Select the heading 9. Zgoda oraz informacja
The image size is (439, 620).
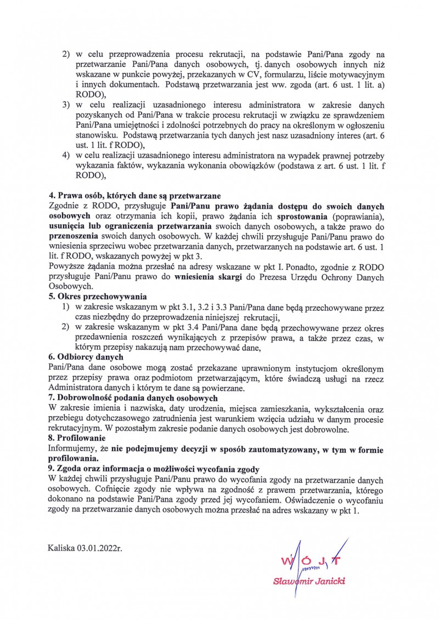coord(154,469)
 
